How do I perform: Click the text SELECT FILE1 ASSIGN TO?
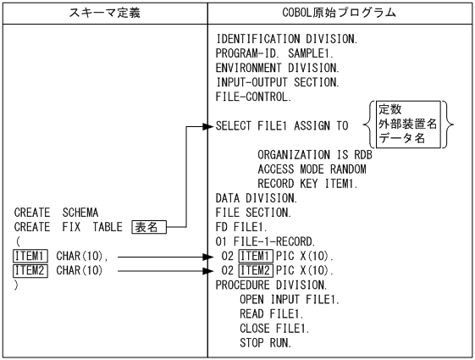[x=282, y=126]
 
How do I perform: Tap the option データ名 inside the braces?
[x=400, y=141]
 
